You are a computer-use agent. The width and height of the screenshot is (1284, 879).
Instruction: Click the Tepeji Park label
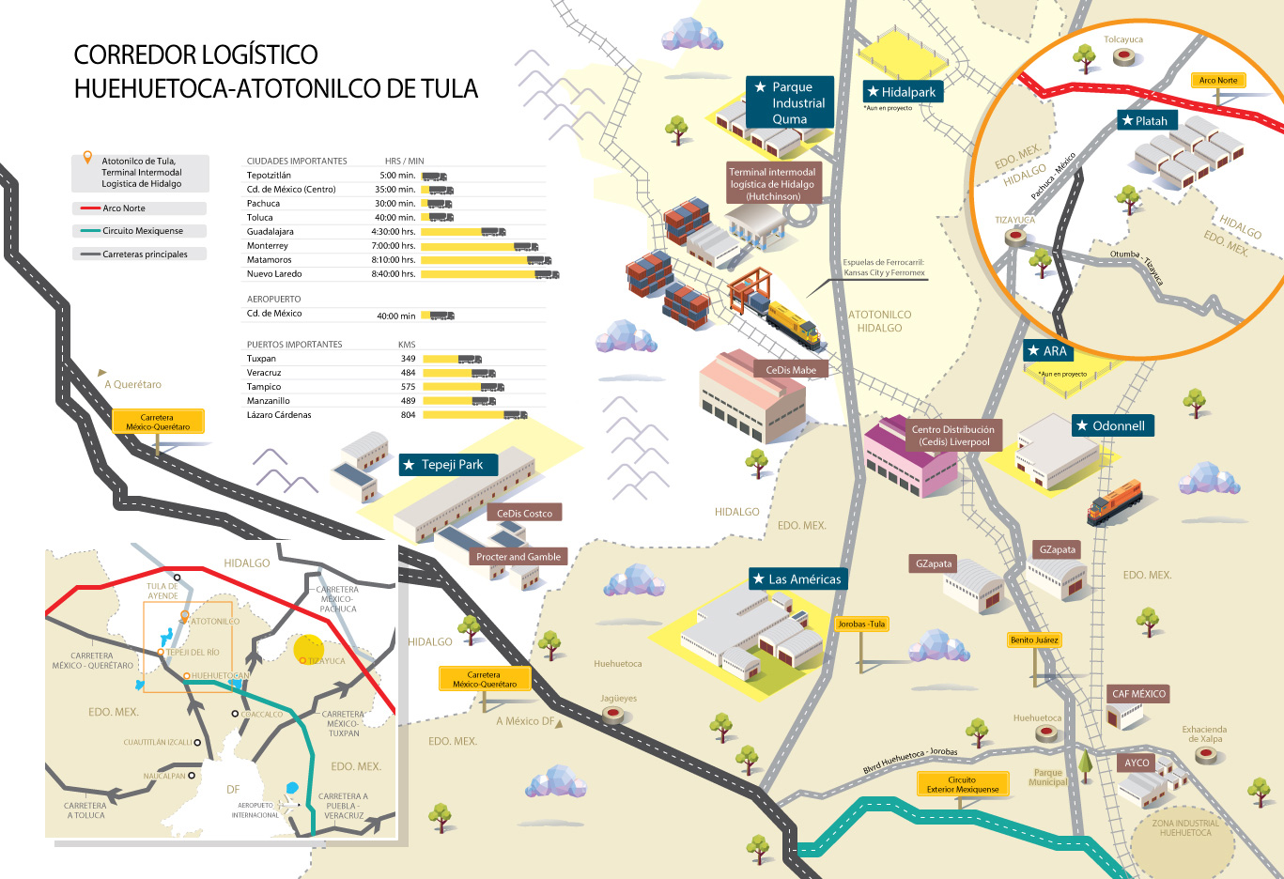click(448, 465)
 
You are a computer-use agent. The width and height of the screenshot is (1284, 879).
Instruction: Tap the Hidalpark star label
click(902, 92)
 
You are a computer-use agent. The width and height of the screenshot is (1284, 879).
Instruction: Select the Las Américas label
click(797, 579)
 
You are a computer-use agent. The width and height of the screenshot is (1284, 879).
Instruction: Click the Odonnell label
click(1112, 426)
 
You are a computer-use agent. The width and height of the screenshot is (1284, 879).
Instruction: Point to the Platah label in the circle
click(1145, 121)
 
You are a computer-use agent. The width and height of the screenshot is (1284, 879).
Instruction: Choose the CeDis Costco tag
click(524, 514)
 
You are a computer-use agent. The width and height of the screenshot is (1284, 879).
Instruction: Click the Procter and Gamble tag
click(518, 557)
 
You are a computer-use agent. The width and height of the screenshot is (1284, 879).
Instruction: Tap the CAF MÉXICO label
click(1138, 694)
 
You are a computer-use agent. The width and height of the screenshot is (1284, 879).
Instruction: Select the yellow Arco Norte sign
click(1218, 81)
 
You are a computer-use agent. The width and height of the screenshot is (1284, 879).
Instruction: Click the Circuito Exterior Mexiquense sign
click(962, 785)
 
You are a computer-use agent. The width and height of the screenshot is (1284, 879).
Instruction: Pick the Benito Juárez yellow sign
click(1034, 640)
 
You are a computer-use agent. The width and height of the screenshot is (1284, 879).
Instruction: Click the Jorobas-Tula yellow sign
click(861, 625)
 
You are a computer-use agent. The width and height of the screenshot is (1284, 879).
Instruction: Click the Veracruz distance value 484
click(408, 373)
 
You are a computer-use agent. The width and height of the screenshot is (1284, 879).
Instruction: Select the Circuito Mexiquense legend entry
click(142, 231)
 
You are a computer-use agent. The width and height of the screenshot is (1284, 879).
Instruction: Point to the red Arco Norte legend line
click(90, 208)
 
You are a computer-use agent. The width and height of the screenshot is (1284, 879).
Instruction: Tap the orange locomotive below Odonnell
click(1115, 501)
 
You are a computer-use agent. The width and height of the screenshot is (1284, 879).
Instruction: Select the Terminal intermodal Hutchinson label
click(773, 184)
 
